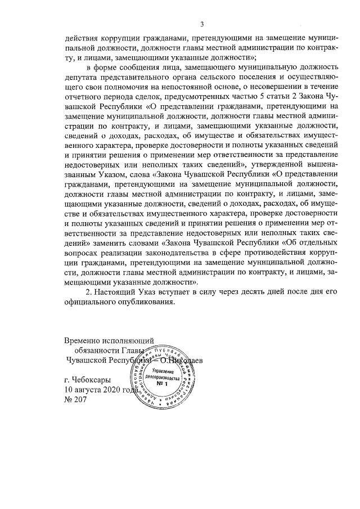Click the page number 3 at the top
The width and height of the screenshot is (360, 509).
(201, 24)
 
